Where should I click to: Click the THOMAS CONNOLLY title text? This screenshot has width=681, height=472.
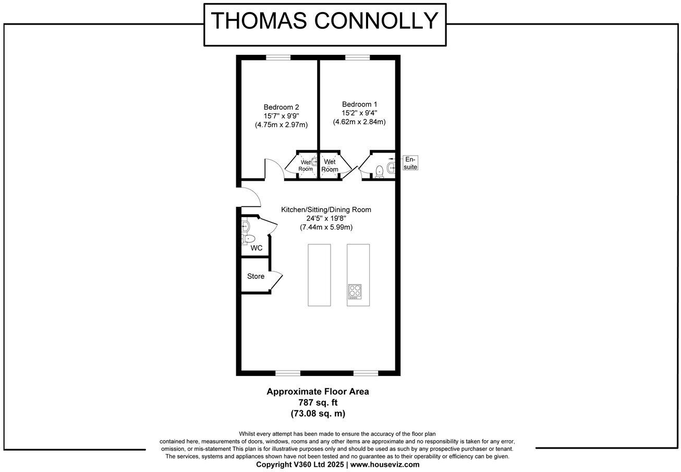pos(324,21)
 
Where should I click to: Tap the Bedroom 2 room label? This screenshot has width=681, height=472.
pos(281,107)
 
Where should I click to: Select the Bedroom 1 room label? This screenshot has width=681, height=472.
pos(359,104)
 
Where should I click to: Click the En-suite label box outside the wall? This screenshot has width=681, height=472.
pos(410,163)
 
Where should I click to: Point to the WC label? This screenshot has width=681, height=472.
pos(257,248)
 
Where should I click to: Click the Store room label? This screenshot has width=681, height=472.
pos(256,276)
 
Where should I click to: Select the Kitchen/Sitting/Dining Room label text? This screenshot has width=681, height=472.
pos(326,209)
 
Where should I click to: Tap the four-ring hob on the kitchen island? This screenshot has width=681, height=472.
pos(355,290)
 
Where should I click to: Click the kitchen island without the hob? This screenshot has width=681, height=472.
pos(319,275)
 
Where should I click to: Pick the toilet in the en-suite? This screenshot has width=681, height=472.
pos(379,171)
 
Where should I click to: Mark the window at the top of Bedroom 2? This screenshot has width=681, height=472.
pos(277,58)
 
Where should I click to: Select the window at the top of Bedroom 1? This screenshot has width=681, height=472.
pos(357,58)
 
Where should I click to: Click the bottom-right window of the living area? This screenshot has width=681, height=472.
pos(366,373)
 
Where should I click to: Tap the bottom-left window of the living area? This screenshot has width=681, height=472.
pos(287,373)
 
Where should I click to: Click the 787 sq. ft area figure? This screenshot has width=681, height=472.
pos(318,403)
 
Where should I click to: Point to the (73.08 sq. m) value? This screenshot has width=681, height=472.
pos(318,414)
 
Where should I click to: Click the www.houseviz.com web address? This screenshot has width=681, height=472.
pos(384,464)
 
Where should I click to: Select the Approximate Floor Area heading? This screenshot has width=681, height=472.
pos(318,392)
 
